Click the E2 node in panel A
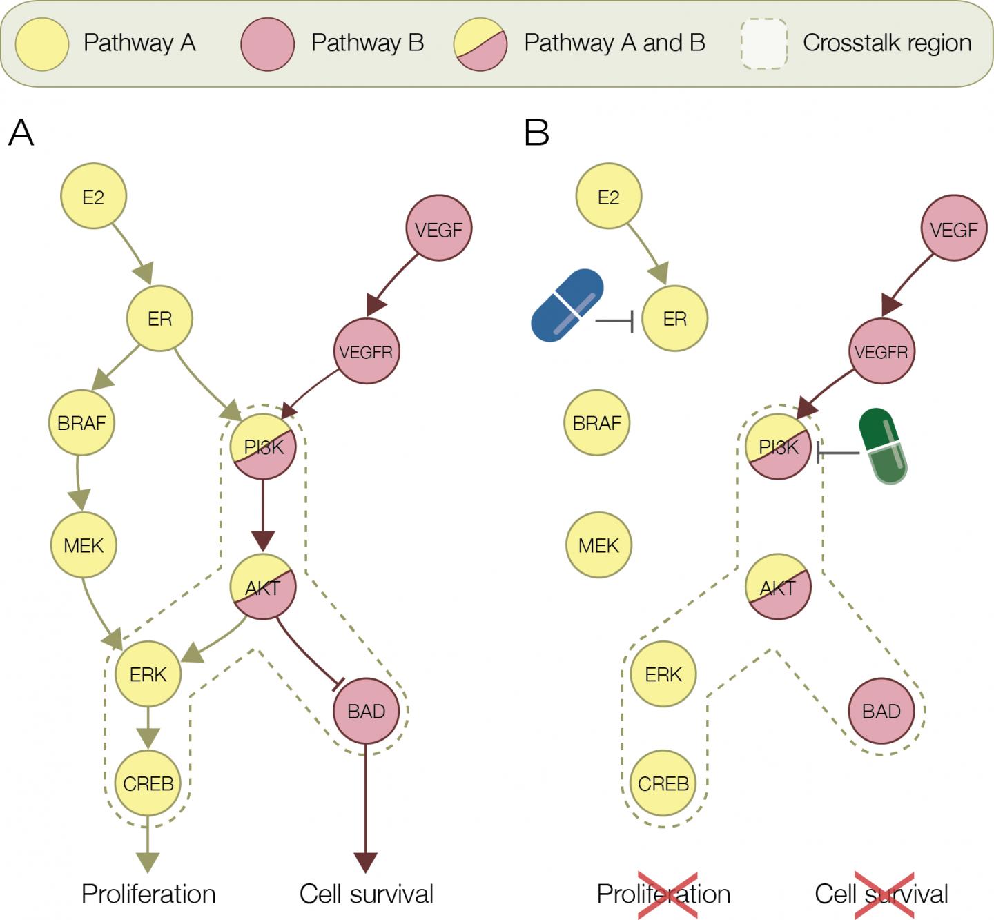point(93,197)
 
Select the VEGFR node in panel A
point(366,351)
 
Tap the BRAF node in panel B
point(596,422)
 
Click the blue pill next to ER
point(567,305)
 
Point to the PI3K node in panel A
point(263,447)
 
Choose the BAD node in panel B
point(881,711)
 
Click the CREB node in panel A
point(148,783)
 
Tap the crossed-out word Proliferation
point(663,894)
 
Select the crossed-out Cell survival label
point(881,894)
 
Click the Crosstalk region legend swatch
point(764,43)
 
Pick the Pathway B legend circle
point(267,43)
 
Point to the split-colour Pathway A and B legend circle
point(480,43)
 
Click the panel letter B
point(536,133)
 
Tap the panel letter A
point(21,133)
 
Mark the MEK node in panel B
point(598,545)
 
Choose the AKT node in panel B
point(778,587)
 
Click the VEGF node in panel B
point(953,228)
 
